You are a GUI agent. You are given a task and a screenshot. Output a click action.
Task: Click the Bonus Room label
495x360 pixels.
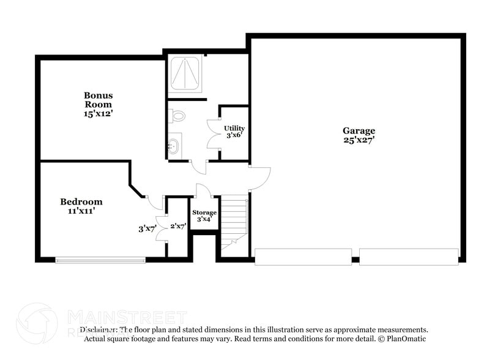tap(98, 100)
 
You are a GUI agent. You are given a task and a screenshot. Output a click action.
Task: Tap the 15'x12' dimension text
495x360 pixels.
tap(98, 113)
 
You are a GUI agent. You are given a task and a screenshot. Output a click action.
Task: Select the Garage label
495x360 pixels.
tap(359, 130)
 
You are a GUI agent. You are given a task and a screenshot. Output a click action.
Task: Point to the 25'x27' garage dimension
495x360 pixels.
tap(359, 140)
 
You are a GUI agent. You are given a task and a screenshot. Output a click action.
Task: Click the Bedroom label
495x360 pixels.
tap(81, 201)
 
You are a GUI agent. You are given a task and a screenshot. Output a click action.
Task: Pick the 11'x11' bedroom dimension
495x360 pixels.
tap(81, 211)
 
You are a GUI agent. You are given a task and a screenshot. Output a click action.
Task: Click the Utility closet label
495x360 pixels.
tap(234, 128)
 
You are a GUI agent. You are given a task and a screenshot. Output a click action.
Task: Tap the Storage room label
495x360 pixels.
tap(204, 212)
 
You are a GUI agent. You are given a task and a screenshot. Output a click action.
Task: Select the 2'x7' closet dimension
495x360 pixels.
tap(177, 226)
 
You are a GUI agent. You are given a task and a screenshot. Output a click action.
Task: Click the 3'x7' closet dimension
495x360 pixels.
tap(147, 229)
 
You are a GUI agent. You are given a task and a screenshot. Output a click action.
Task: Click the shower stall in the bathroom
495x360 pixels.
tap(185, 75)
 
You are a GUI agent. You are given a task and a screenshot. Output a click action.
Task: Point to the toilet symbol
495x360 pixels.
tap(177, 115)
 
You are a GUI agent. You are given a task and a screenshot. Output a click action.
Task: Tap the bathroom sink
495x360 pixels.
tap(173, 146)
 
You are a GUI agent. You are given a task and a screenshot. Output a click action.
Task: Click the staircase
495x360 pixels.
tap(234, 220)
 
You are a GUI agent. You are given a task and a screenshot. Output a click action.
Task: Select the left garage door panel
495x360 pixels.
tap(303, 257)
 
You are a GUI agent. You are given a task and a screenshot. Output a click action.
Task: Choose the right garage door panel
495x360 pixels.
tap(408, 257)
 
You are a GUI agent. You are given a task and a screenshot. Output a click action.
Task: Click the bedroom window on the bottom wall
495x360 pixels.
tap(100, 260)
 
